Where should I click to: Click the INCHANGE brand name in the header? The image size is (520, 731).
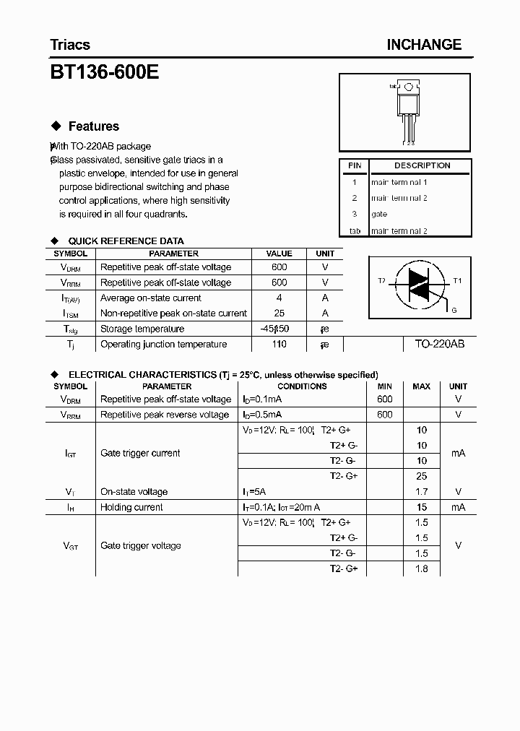(423, 45)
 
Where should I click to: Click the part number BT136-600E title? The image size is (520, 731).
(105, 73)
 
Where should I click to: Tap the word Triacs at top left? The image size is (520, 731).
(70, 45)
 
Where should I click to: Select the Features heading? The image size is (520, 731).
(93, 126)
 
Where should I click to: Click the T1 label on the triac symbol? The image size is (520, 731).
(456, 280)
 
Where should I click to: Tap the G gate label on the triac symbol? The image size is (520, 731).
(454, 310)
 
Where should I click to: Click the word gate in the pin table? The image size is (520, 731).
(379, 215)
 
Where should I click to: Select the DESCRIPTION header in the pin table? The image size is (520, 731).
(422, 165)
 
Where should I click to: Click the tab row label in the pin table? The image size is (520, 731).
(355, 231)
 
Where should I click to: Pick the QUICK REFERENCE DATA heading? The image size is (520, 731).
(126, 241)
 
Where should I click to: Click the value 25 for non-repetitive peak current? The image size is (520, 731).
(279, 313)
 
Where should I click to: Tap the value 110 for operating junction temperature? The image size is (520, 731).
(279, 345)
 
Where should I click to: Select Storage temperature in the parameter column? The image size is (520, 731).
(140, 329)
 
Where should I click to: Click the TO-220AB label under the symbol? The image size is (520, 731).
(439, 345)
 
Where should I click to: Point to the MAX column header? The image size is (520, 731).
(422, 386)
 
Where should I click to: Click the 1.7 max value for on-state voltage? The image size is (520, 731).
(422, 492)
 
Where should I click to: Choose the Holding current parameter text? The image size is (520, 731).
(131, 508)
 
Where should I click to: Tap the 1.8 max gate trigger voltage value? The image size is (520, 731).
(422, 569)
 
